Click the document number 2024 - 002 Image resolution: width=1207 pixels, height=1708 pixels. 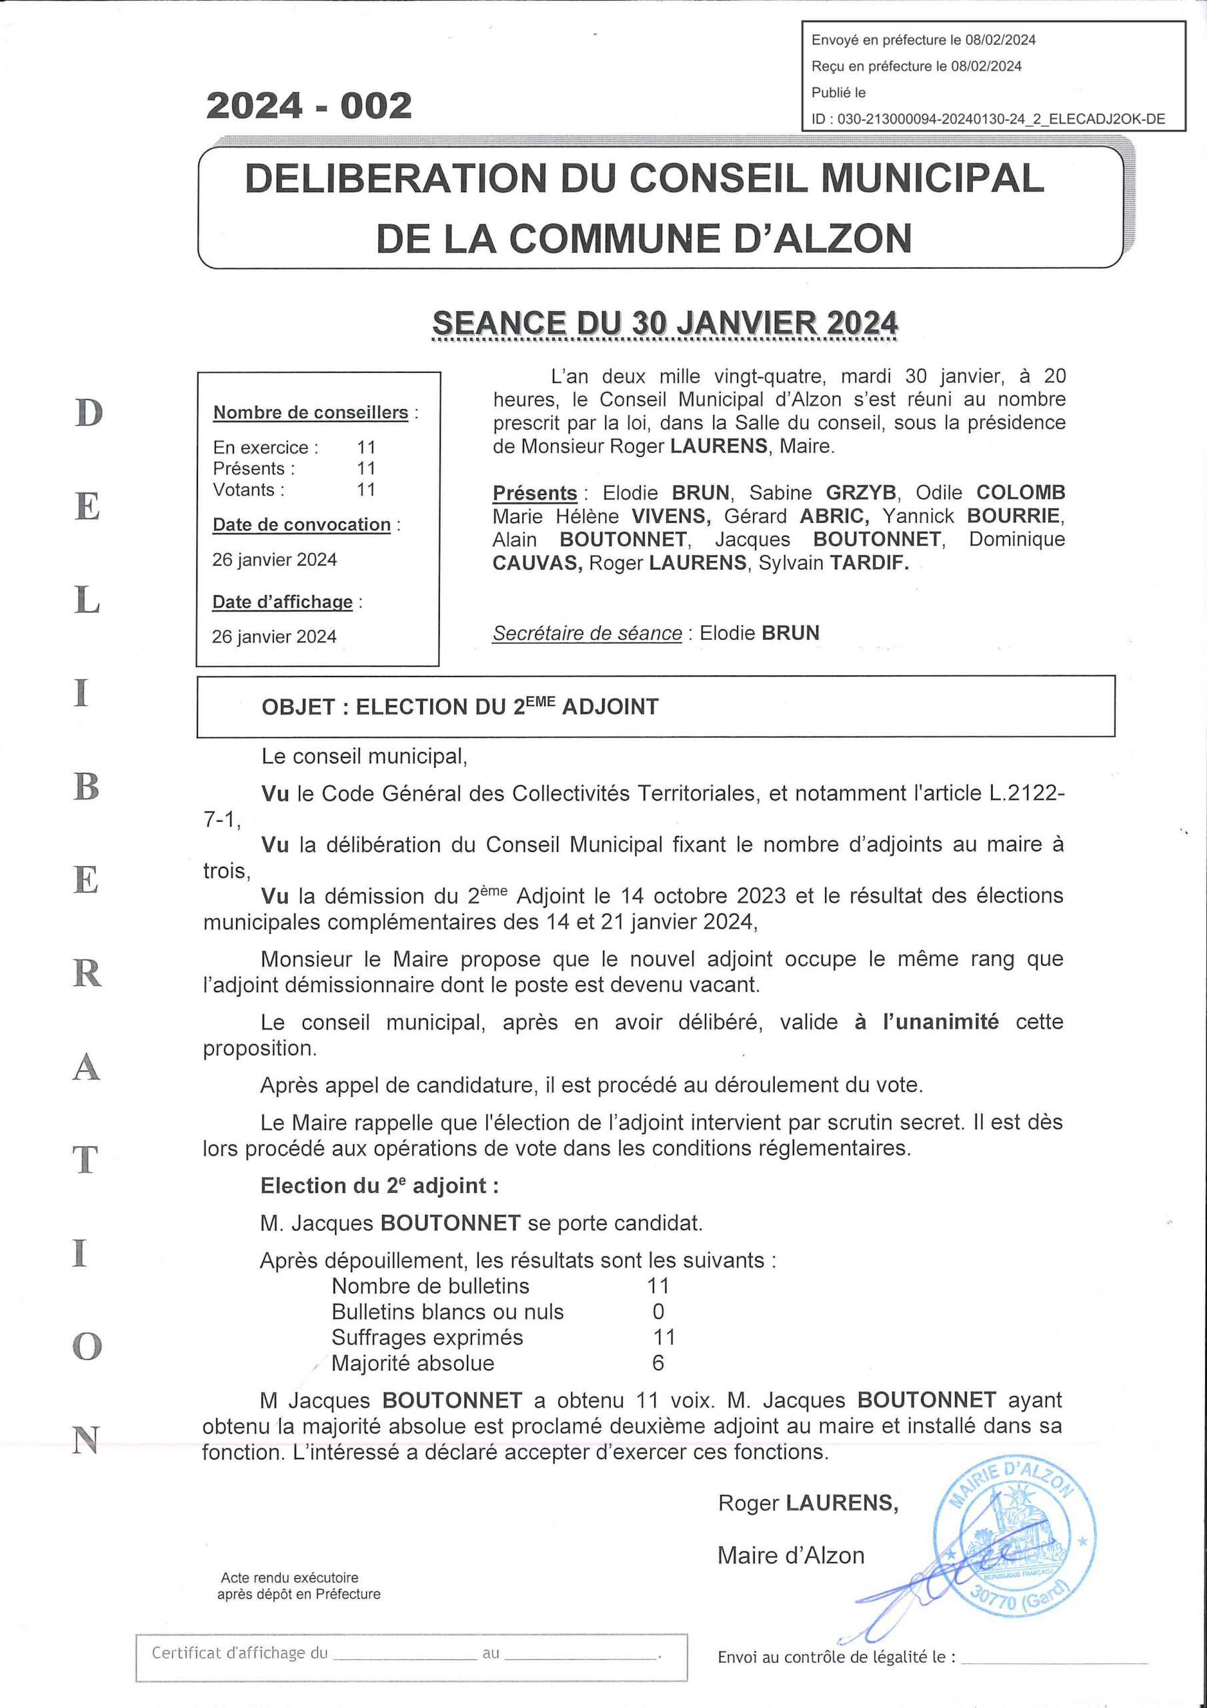(309, 105)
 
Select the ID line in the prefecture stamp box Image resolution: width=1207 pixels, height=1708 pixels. (988, 119)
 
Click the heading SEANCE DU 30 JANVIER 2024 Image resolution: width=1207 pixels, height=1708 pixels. (665, 324)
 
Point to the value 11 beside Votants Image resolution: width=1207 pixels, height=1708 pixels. (366, 490)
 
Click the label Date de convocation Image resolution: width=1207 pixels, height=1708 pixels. (301, 524)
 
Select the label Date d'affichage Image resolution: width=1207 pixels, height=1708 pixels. (283, 602)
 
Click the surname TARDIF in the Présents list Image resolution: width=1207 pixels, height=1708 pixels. (869, 562)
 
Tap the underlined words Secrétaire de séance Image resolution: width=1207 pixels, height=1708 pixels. (587, 633)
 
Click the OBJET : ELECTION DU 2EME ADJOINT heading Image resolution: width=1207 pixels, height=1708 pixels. (459, 706)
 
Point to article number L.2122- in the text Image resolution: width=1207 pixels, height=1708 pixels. (1026, 794)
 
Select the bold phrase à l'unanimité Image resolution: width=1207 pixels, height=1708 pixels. (926, 1021)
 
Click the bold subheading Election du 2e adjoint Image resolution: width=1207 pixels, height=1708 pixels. (379, 1185)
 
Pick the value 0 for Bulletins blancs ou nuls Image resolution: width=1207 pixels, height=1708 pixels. (658, 1312)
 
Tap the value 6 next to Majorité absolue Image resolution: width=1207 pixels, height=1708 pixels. (658, 1363)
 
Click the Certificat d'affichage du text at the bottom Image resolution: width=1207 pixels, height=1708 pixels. (239, 1653)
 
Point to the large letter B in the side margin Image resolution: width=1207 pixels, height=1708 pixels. (86, 787)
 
